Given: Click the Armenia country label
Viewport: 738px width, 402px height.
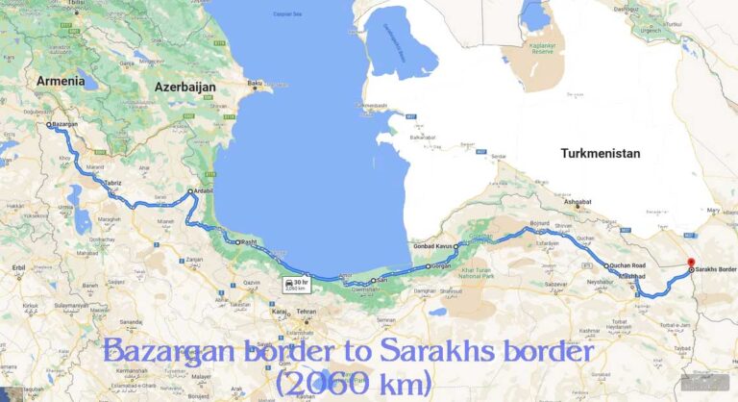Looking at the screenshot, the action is pos(61,82).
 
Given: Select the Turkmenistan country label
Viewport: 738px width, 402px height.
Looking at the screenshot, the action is pos(600,153).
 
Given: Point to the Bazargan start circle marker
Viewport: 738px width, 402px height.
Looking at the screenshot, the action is pos(48,124).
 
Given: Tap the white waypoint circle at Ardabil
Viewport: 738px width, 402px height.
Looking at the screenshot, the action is pos(190,190).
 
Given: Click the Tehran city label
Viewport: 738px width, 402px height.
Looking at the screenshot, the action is pos(307,312).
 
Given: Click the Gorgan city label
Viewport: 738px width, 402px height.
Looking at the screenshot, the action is pos(442,265).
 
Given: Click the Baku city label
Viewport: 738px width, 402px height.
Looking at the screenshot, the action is pos(255,83).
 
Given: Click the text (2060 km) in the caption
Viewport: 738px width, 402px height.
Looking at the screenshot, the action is pos(352,383).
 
